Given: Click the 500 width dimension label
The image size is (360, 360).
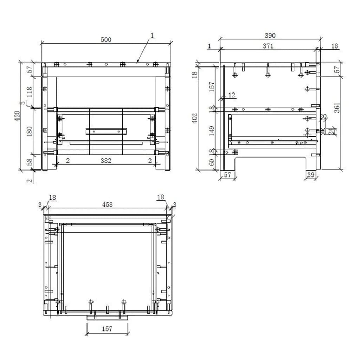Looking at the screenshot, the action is pos(106,40).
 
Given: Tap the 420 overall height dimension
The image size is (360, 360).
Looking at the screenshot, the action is pos(17,116).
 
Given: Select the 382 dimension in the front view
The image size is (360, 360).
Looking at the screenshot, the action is pos(106,161).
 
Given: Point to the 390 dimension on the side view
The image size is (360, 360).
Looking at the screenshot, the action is pos(270,36).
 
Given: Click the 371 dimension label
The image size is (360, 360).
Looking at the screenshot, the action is pos(268,46).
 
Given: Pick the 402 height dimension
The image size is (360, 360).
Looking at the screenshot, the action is pos(195,118).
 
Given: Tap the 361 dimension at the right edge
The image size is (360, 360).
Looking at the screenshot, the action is pos(336,108).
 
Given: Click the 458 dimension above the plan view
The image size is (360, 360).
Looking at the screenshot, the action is pos(107,204).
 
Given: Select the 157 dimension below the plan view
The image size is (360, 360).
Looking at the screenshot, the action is pos(107,329).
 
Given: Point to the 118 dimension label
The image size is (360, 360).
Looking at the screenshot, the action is pos(30,92).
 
